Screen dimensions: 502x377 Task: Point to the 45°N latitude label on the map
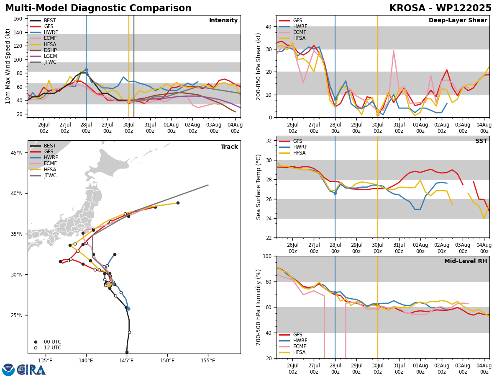pos(17,152)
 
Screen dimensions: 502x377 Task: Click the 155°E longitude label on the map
pos(208,361)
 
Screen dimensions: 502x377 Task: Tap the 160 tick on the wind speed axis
pos(18,19)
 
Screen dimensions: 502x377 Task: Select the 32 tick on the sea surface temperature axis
pos(269,141)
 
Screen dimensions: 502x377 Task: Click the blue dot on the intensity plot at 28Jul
pos(86,70)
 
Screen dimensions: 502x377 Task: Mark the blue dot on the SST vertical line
pos(335,194)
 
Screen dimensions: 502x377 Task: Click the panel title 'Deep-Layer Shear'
pos(458,20)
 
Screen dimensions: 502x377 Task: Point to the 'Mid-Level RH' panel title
pos(466,261)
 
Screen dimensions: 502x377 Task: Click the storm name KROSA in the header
pos(407,8)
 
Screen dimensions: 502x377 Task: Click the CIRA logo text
pos(31,370)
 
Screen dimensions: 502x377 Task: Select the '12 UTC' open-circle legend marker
pos(36,348)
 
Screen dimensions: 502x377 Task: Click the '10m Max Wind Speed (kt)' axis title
pos(8,66)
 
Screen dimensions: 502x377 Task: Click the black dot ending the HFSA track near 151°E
pos(178,203)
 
